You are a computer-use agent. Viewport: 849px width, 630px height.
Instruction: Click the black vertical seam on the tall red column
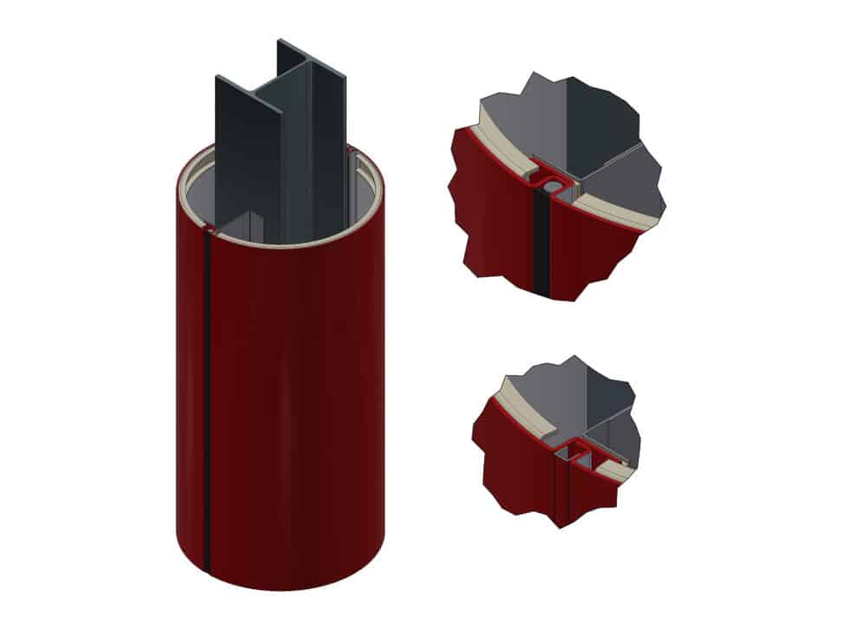tap(207, 390)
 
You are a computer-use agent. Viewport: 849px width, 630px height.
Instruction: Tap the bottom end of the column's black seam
tap(207, 568)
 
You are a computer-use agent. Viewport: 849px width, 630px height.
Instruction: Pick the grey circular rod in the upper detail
tap(548, 185)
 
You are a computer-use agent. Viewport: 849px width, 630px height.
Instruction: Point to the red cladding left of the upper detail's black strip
tap(494, 217)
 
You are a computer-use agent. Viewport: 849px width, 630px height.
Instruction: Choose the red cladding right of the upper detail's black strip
tap(589, 251)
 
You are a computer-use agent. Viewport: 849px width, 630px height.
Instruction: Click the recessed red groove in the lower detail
tap(563, 485)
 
